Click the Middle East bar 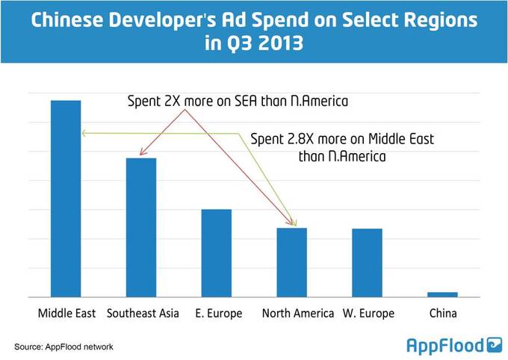pyautogui.click(x=66, y=198)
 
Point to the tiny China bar pyautogui.click(x=442, y=294)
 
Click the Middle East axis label pyautogui.click(x=66, y=313)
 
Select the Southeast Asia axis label pyautogui.click(x=143, y=313)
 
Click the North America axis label pyautogui.click(x=297, y=313)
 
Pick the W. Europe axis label pyautogui.click(x=368, y=313)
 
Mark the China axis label pyautogui.click(x=442, y=313)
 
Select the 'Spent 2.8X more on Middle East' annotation pyautogui.click(x=341, y=147)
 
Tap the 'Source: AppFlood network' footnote pyautogui.click(x=63, y=347)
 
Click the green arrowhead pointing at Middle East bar pyautogui.click(x=84, y=133)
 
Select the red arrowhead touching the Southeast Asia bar pyautogui.click(x=140, y=155)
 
